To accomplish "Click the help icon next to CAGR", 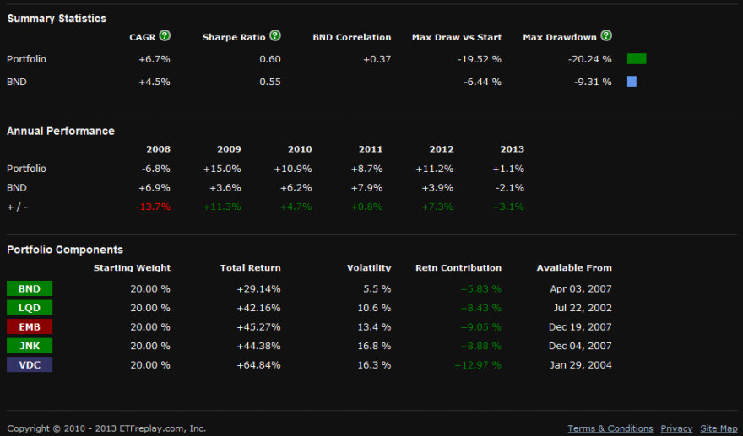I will point(165,36).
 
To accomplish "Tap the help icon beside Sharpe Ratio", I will point(274,36).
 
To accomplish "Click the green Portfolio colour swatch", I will point(637,59).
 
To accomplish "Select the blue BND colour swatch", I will point(632,82).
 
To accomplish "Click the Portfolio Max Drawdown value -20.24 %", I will point(589,59).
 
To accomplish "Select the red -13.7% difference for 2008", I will point(154,207).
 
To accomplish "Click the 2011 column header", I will point(371,149).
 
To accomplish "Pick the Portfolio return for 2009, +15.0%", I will point(223,169).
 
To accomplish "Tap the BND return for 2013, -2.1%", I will point(511,187).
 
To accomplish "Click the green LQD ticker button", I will point(30,308).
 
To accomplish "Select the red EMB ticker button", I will point(30,326).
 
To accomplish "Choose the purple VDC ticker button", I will point(30,365).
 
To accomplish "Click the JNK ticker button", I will point(30,346).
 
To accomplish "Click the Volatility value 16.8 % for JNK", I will point(374,346).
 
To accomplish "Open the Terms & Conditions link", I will point(610,428).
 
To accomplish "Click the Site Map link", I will point(718,428).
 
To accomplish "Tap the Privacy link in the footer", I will point(676,428).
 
